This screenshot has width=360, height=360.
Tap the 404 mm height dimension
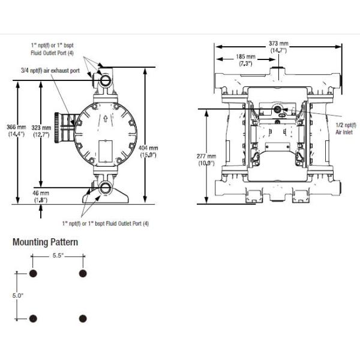click(x=149, y=151)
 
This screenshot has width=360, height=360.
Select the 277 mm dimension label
click(x=206, y=159)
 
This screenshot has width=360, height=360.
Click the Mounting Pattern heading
click(x=45, y=242)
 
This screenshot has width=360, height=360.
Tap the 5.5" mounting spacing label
click(x=58, y=256)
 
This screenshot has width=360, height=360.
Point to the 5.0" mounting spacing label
click(x=17, y=295)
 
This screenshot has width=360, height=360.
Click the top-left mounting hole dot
click(x=34, y=274)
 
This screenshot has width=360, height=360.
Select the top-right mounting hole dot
click(x=82, y=274)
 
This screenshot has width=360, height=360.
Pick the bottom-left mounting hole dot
click(x=34, y=318)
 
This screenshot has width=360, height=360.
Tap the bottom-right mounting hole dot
click(x=83, y=318)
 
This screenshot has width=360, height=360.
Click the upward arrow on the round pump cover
click(x=105, y=118)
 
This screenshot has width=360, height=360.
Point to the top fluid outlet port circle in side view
click(x=107, y=78)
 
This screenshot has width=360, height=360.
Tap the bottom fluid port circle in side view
click(x=107, y=187)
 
